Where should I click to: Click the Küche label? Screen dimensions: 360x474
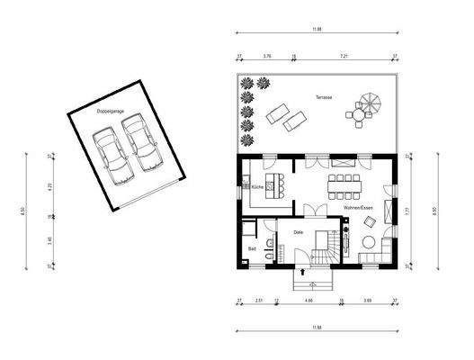click(x=258, y=187)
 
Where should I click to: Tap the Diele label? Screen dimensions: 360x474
click(x=299, y=232)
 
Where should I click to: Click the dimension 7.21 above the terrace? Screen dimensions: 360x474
click(x=344, y=56)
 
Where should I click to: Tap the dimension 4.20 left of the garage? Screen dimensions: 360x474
click(x=50, y=186)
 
